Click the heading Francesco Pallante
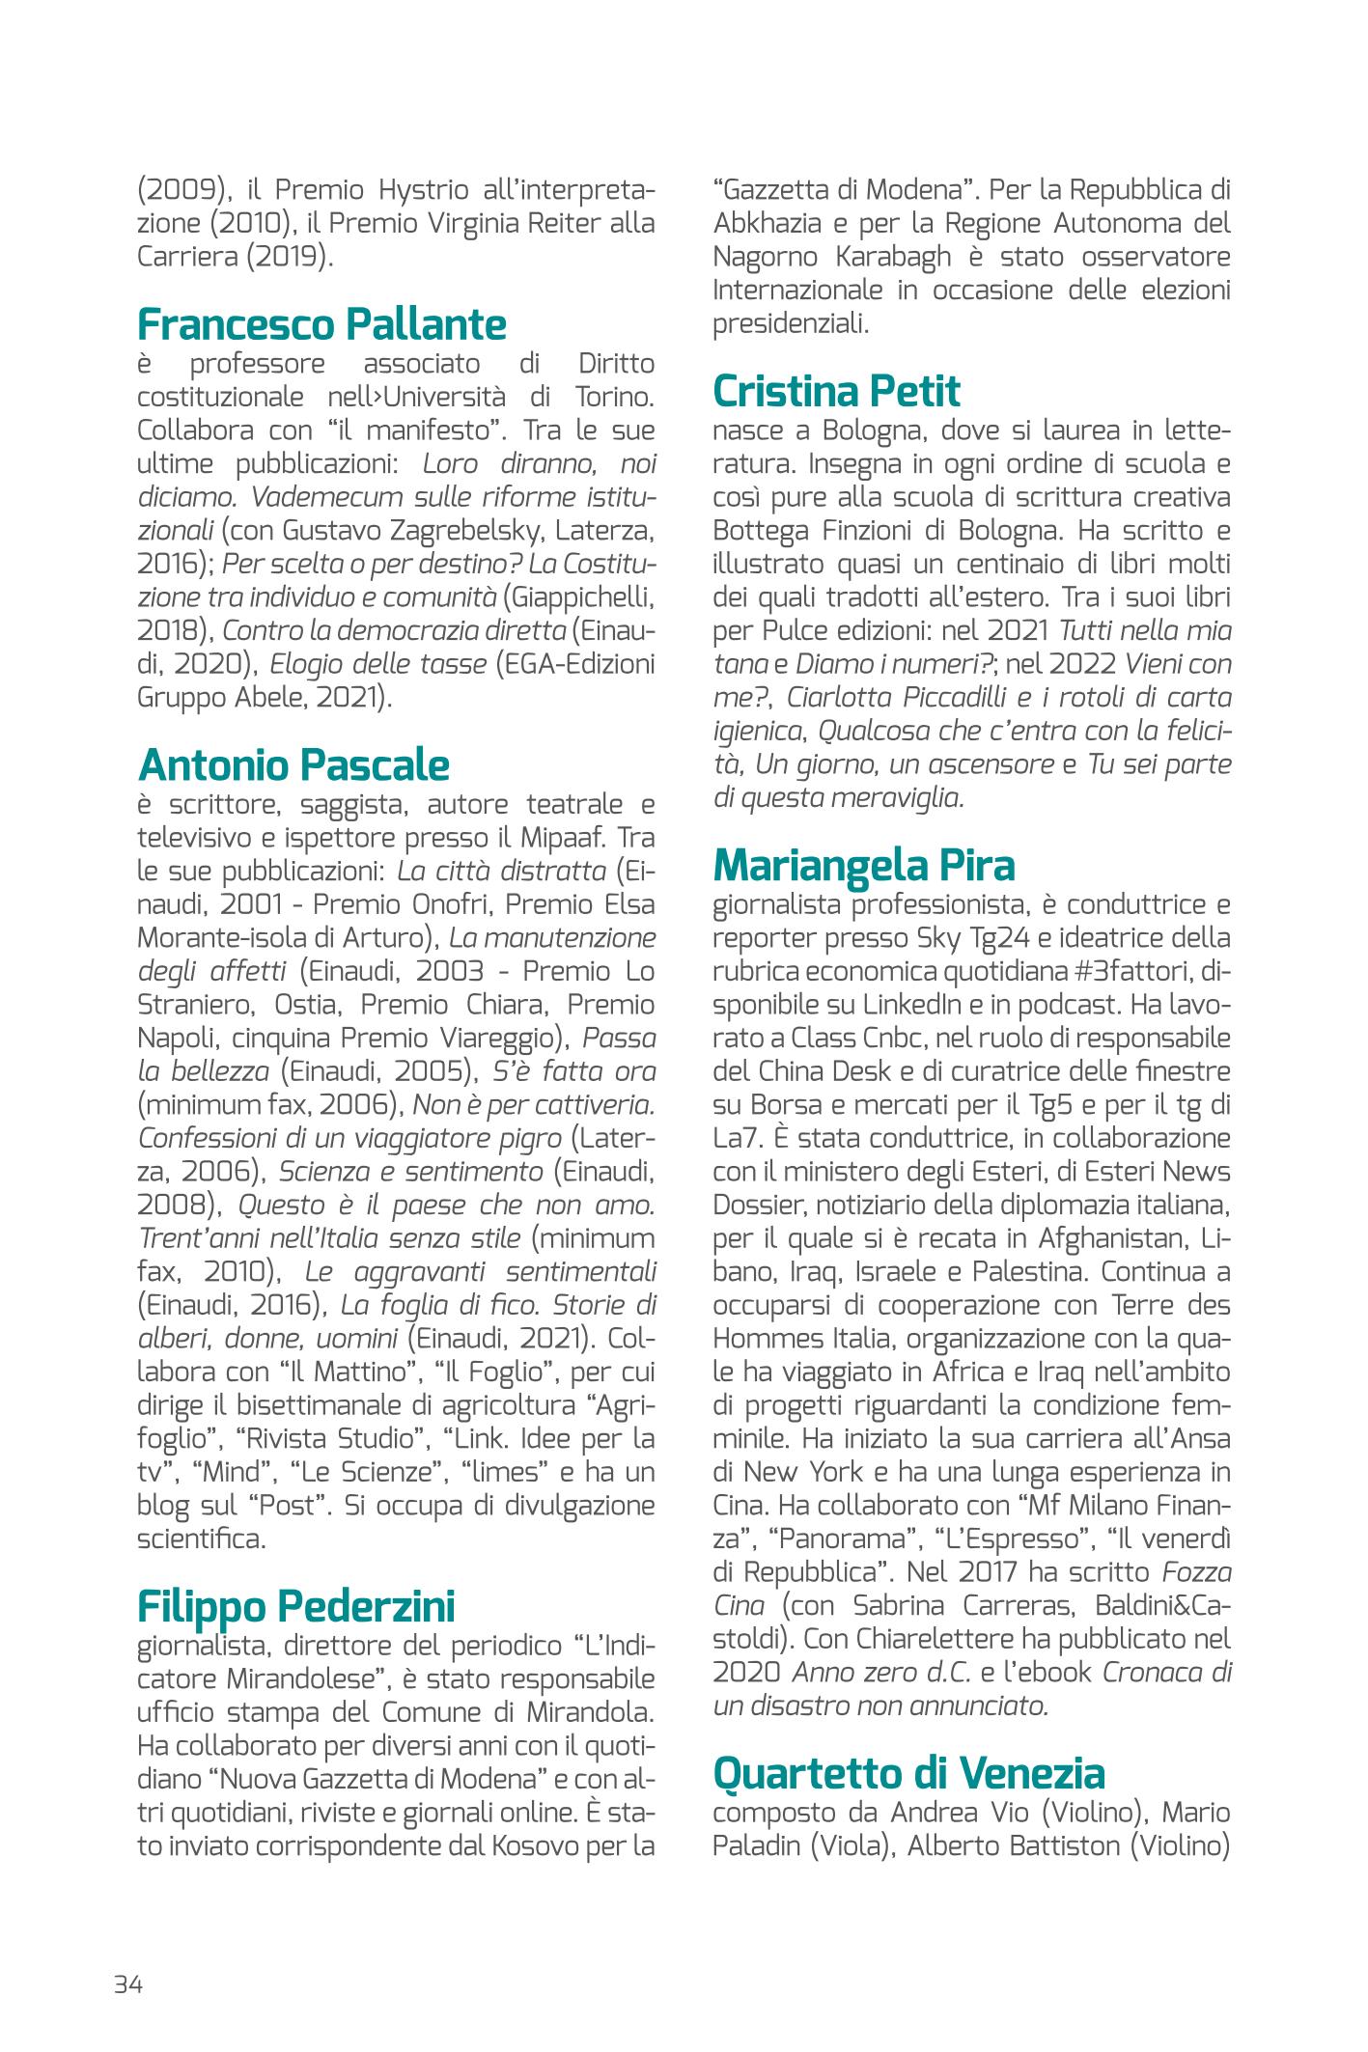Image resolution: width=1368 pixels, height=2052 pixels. (x=321, y=324)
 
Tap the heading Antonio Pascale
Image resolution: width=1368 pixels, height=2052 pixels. (x=293, y=765)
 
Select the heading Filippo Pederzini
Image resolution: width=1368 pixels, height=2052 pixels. (x=296, y=1606)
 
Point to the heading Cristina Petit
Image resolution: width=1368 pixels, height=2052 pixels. (x=836, y=392)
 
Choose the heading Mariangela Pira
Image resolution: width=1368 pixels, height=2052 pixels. (x=864, y=866)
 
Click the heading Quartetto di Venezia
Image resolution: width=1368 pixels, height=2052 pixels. (x=908, y=1773)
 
